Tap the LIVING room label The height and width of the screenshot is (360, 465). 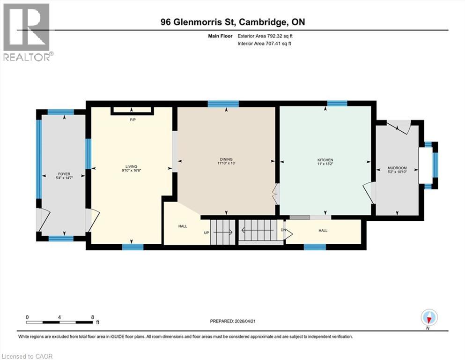coord(131,166)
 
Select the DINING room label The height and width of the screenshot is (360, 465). coord(225,159)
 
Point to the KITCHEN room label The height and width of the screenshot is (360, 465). coord(325,160)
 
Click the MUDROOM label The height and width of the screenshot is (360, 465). coord(397,168)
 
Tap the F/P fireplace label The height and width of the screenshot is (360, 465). coord(133,120)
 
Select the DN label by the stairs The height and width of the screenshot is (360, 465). coord(283,230)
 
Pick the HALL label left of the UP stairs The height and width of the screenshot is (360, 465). coord(183,226)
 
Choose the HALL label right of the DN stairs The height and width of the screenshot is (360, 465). coord(323,231)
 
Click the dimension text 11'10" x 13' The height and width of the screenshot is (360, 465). coord(225,164)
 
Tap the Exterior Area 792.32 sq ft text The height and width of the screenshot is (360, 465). coord(265,36)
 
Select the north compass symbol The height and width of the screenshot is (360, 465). coord(429,317)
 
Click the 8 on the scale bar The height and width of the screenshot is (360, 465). coord(92,317)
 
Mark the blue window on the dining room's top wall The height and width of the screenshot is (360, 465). coord(223,104)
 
